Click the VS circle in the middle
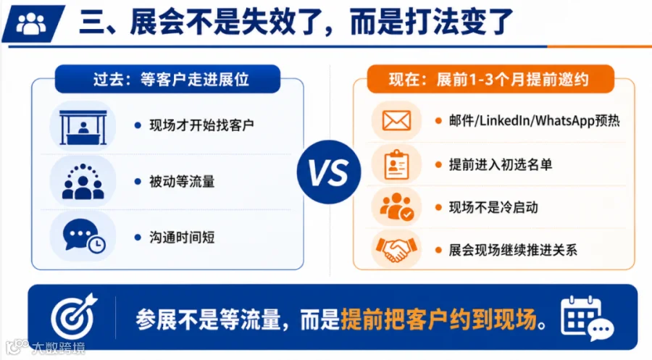(328, 172)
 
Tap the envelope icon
(396, 121)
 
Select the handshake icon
(396, 249)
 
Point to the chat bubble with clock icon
(84, 235)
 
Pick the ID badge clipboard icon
(396, 164)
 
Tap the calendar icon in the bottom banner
(587, 319)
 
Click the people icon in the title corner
(31, 23)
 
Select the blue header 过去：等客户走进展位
(167, 79)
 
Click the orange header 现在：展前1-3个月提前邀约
(490, 79)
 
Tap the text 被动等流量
(182, 182)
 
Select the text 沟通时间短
(182, 238)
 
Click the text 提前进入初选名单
(500, 164)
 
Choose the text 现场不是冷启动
(493, 207)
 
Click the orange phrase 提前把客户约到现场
(439, 319)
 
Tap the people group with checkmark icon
(396, 206)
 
